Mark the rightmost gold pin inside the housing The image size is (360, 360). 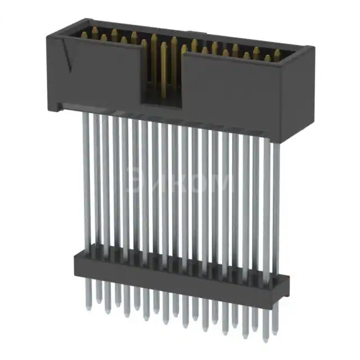[277, 55]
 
